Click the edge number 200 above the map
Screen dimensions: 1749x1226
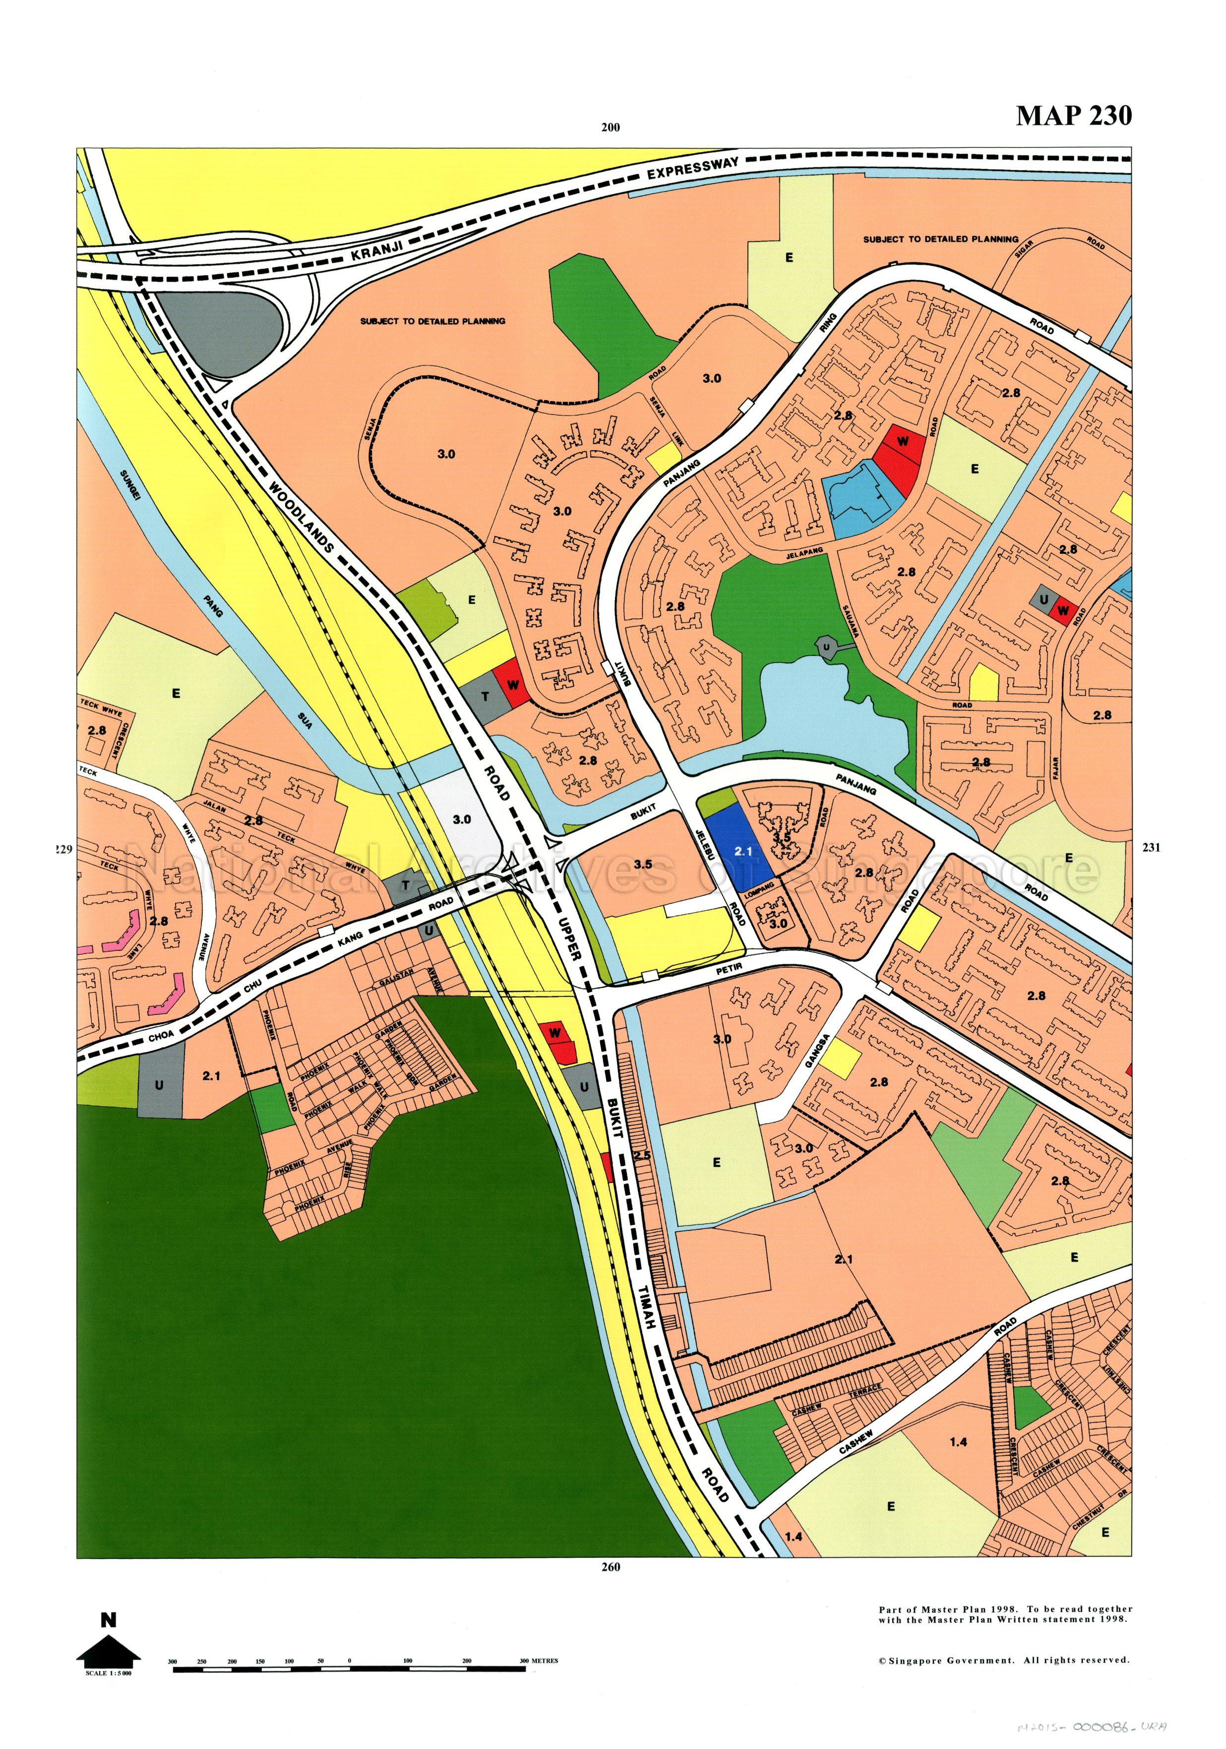pyautogui.click(x=611, y=128)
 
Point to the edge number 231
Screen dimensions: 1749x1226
pyautogui.click(x=1151, y=847)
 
